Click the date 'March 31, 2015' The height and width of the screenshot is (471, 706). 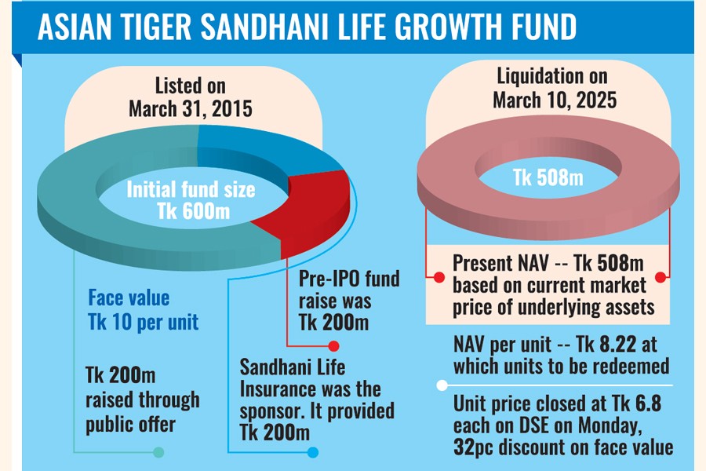point(191,108)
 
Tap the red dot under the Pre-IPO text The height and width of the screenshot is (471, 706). point(333,345)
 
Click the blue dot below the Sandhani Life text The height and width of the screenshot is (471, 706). point(313,452)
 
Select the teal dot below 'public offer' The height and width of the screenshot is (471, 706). point(159,452)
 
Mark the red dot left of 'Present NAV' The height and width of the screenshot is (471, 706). point(430,276)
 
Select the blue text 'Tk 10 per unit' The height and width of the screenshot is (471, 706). point(143,321)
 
